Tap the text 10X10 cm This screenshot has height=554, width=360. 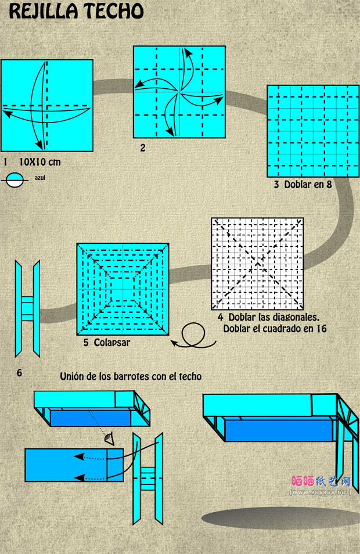(x=40, y=162)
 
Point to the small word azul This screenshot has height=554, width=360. (x=40, y=178)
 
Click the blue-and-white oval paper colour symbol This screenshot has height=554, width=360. (x=15, y=180)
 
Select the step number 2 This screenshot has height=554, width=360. (x=143, y=148)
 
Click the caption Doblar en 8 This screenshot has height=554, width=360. (x=308, y=184)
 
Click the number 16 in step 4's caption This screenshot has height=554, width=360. (x=322, y=329)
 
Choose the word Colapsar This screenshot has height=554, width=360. (x=112, y=343)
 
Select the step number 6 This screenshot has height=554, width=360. (x=19, y=372)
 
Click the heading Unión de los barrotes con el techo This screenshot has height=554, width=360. (x=131, y=377)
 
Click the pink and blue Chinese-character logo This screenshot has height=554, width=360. (x=321, y=481)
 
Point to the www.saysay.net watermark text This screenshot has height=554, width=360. (x=321, y=492)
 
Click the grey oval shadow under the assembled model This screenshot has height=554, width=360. (x=281, y=519)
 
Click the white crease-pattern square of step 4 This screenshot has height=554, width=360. (x=257, y=264)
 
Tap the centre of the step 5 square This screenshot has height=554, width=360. (x=123, y=289)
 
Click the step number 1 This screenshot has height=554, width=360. (x=5, y=162)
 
